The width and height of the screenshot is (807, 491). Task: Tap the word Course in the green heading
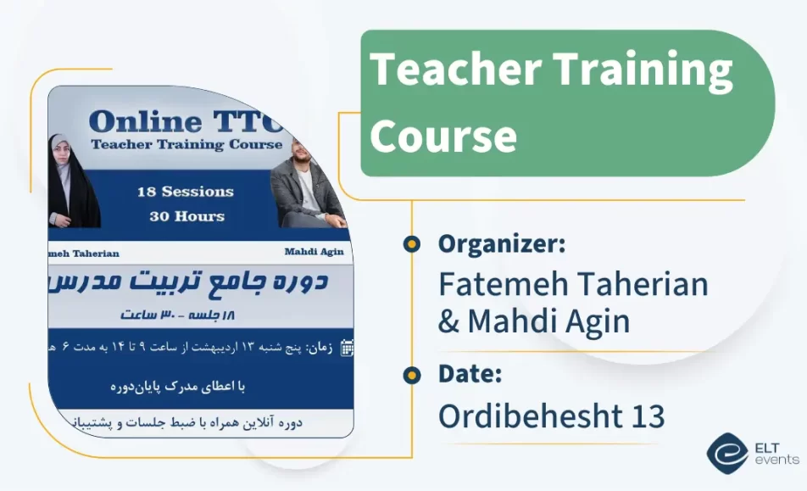click(443, 135)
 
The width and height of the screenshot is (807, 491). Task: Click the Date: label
click(470, 374)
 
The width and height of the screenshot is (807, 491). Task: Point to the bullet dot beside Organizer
click(412, 244)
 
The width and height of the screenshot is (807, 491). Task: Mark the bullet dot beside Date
click(412, 374)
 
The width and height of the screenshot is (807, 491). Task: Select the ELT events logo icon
click(726, 454)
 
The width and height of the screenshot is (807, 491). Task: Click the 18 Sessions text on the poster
click(186, 192)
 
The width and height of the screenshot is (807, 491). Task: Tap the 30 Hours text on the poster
click(186, 216)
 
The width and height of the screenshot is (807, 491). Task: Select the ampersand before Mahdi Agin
click(448, 321)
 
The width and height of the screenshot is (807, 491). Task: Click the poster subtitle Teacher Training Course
click(186, 144)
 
